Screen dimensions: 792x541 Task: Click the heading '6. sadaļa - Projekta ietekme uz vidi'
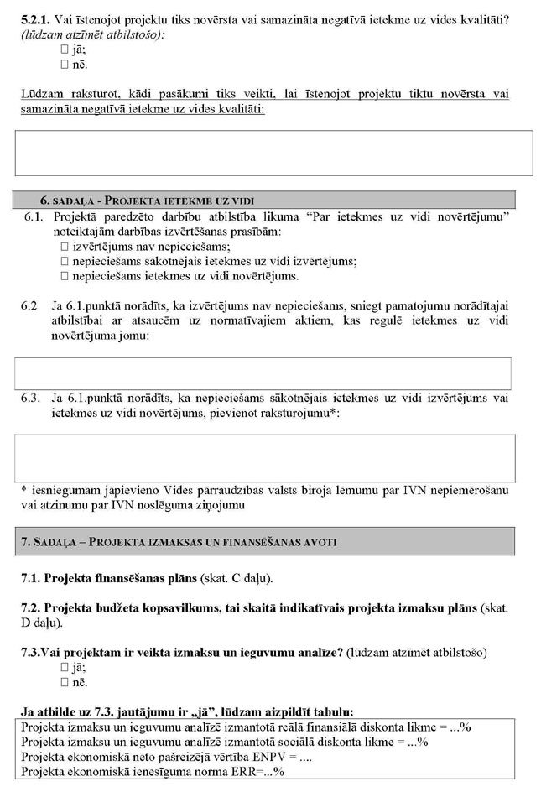147,201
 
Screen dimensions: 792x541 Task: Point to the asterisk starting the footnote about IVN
24,489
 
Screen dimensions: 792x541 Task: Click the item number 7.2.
30,607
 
